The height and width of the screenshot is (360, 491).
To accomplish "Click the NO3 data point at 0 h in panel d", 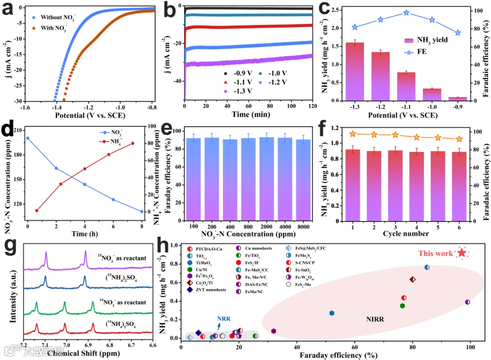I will (x=28, y=138).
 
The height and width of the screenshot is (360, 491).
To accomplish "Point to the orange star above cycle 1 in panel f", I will (x=352, y=134).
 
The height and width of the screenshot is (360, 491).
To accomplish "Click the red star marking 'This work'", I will (x=462, y=253).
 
